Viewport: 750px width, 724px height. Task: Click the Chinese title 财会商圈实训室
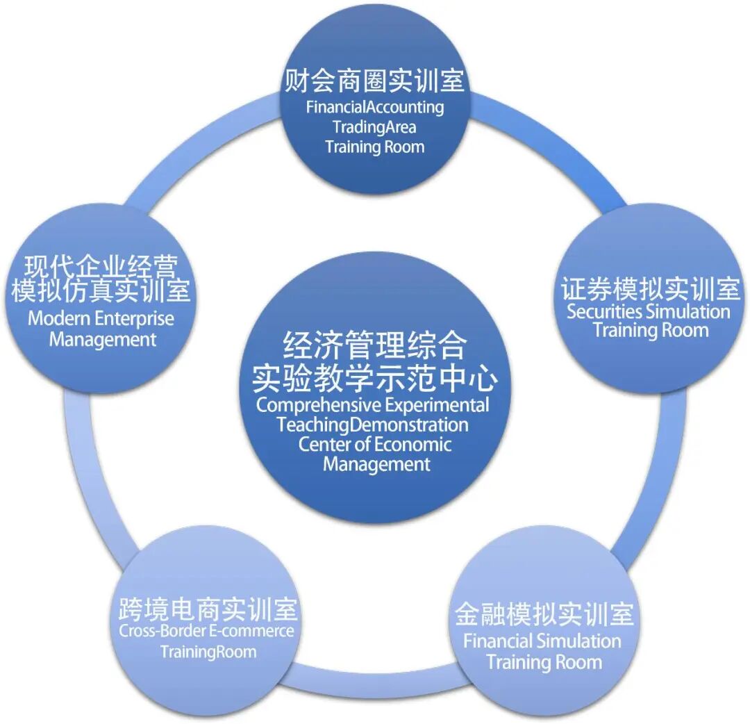coord(374,81)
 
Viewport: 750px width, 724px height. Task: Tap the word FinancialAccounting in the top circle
coord(374,107)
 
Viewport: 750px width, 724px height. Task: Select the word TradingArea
coord(374,126)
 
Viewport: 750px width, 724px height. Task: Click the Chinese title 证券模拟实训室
coord(650,288)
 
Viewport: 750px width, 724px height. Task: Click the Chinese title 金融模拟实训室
coord(544,615)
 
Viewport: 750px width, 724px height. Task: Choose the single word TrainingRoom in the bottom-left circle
coord(208,652)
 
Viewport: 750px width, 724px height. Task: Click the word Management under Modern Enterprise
coord(103,340)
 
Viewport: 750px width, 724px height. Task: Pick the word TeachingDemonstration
coord(373,424)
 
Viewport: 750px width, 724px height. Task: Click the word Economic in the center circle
coord(415,444)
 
